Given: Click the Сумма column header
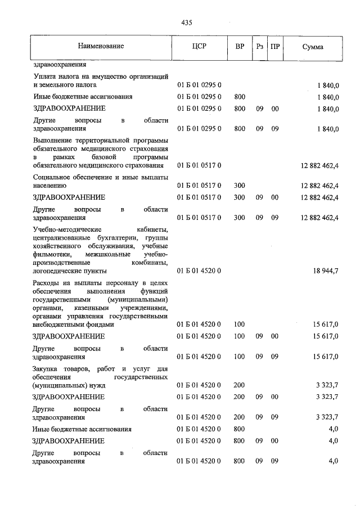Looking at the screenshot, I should (x=312, y=47).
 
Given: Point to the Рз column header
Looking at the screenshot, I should (x=259, y=47).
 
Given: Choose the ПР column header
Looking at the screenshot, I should (x=274, y=47).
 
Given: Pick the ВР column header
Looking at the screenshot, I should (x=239, y=47).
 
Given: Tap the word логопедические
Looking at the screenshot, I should (x=59, y=271).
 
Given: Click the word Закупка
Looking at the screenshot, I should (x=47, y=368).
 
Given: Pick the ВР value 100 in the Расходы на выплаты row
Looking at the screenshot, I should (x=239, y=325).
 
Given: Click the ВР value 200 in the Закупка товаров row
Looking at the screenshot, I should (x=239, y=385).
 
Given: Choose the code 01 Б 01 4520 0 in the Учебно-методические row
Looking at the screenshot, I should (x=200, y=271).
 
